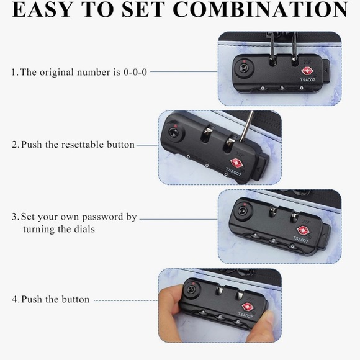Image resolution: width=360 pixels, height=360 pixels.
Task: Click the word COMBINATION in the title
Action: (x=261, y=9)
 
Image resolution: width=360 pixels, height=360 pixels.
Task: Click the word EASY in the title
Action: (x=42, y=9)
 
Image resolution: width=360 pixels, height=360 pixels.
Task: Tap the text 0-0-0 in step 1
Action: (x=135, y=72)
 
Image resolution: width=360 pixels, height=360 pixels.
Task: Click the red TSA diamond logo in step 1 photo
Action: (x=307, y=71)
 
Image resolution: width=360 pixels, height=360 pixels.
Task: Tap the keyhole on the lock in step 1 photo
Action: (x=243, y=68)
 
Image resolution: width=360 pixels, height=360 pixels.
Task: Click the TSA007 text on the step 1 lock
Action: (x=308, y=80)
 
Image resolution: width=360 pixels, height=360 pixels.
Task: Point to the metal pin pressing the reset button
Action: (x=247, y=127)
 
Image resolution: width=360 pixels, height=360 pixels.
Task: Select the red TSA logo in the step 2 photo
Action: (x=235, y=163)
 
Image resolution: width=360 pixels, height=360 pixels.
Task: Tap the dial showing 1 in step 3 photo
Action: (x=255, y=235)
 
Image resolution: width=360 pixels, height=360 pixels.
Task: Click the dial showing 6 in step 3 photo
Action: (x=292, y=246)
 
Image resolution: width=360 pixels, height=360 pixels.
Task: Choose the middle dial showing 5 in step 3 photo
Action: (x=274, y=241)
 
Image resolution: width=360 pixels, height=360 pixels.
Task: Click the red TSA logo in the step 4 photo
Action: (x=247, y=307)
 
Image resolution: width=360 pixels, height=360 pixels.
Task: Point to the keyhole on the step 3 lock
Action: (x=242, y=210)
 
